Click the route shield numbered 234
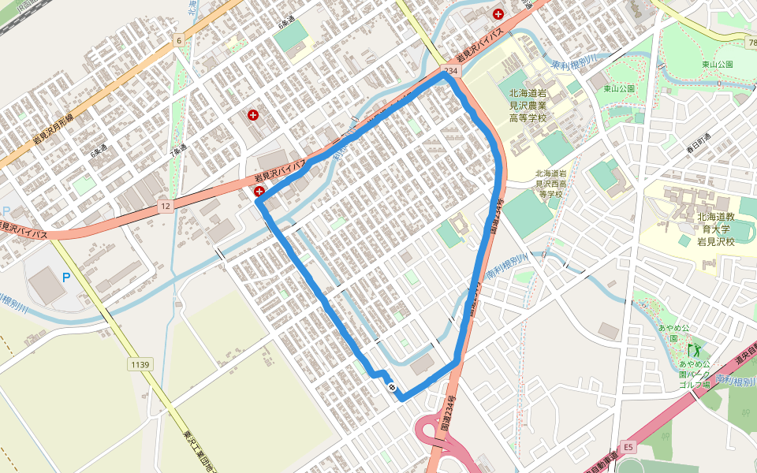pyautogui.click(x=450, y=72)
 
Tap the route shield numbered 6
pyautogui.click(x=180, y=39)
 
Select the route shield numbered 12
pyautogui.click(x=165, y=206)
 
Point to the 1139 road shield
pyautogui.click(x=140, y=363)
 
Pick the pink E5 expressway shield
pyautogui.click(x=628, y=447)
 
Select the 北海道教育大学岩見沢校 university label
pyautogui.click(x=715, y=229)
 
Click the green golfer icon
pyautogui.click(x=694, y=348)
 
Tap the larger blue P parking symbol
pyautogui.click(x=66, y=277)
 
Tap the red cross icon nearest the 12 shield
pyautogui.click(x=259, y=192)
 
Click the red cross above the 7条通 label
pyautogui.click(x=253, y=115)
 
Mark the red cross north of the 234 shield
pyautogui.click(x=498, y=13)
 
